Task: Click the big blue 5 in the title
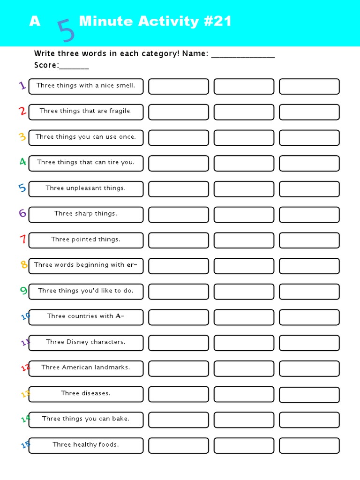point(66,30)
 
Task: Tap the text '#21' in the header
point(216,22)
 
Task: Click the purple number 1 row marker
point(22,85)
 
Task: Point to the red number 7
point(22,239)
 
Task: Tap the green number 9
point(23,291)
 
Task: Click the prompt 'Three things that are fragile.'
point(86,111)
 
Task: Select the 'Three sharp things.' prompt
point(86,214)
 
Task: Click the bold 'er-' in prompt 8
point(132,265)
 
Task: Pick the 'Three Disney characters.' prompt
point(86,342)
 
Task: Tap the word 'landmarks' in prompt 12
point(112,367)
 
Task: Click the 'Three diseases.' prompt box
point(86,394)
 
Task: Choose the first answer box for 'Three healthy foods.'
point(179,445)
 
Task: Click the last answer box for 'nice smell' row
point(309,86)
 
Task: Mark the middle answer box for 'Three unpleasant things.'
point(244,189)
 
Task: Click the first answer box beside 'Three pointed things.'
point(179,240)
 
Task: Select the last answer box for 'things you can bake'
point(309,420)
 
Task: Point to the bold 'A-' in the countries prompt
point(120,316)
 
